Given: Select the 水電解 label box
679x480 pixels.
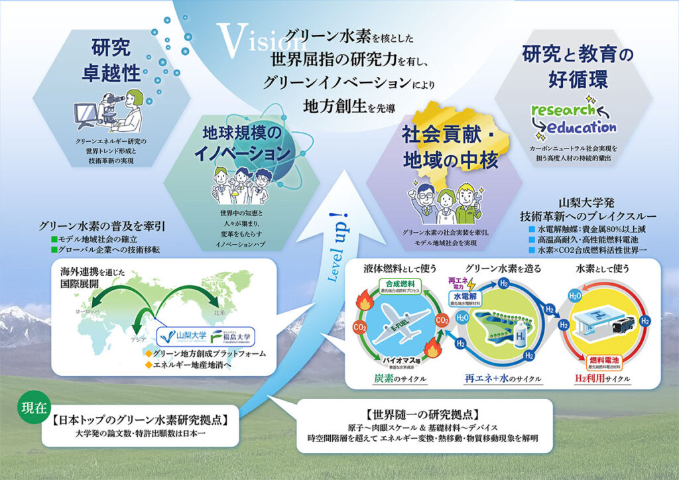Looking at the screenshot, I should [x=465, y=295].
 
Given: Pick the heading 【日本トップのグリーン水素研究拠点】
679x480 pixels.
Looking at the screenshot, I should [x=139, y=420].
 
